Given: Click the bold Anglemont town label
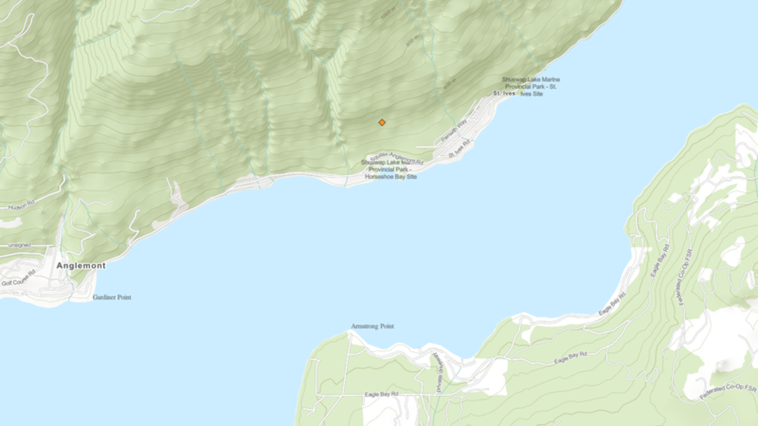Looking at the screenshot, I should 81,266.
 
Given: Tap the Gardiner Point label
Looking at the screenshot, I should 112,297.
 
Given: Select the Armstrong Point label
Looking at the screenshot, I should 372,326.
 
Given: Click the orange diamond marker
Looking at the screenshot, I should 382,122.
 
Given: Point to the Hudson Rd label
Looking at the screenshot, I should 23,206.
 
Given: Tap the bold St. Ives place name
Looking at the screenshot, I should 504,93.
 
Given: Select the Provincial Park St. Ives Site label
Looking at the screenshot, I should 531,86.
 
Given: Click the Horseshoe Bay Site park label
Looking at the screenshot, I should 390,170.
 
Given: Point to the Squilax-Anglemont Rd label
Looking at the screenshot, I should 396,157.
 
